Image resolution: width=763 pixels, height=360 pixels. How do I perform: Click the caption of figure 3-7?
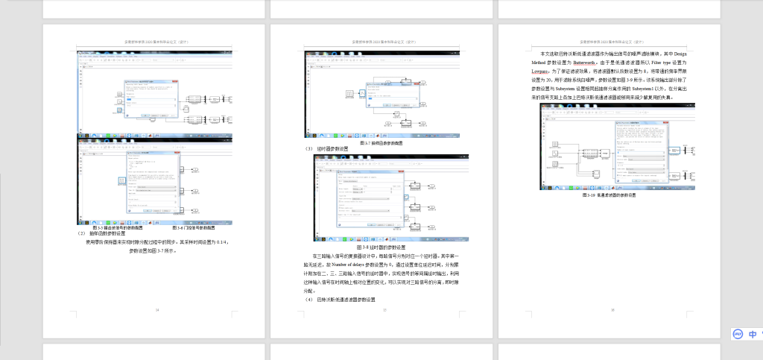381,142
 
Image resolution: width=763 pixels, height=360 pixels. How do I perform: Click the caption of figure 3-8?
381,247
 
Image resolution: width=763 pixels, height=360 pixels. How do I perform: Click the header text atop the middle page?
381,42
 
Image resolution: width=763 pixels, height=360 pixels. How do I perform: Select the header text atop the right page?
611,42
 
